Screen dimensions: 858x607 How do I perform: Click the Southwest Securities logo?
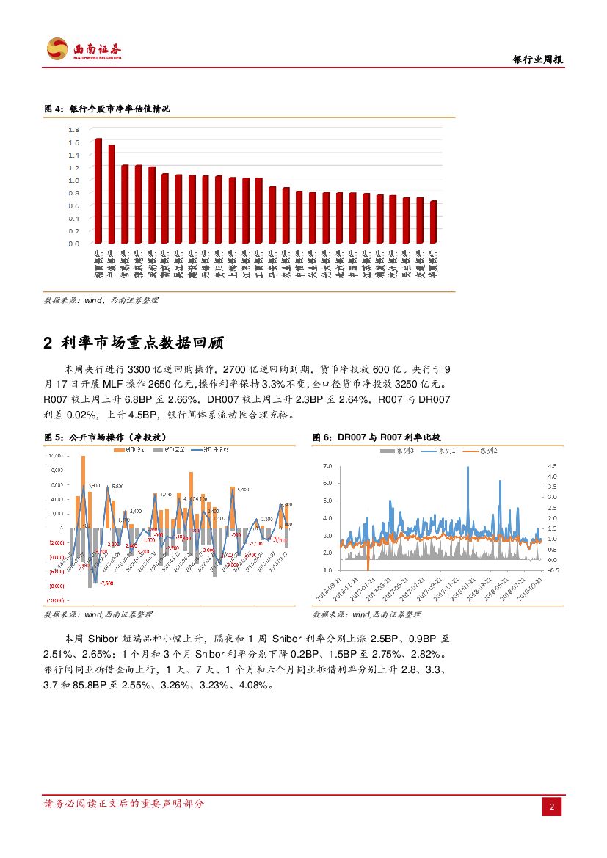[x=84, y=50]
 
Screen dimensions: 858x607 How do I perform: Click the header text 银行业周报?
[x=537, y=60]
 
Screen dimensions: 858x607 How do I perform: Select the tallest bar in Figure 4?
[x=98, y=191]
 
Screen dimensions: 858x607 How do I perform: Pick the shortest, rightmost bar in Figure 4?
[x=433, y=222]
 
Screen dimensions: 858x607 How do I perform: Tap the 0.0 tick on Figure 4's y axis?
[x=74, y=244]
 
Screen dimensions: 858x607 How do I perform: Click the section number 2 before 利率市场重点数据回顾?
[x=48, y=343]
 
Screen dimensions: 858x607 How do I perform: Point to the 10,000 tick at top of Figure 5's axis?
[x=54, y=457]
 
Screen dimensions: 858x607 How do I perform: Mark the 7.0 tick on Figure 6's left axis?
[x=327, y=466]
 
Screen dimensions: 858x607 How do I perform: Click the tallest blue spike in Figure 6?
[x=468, y=468]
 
